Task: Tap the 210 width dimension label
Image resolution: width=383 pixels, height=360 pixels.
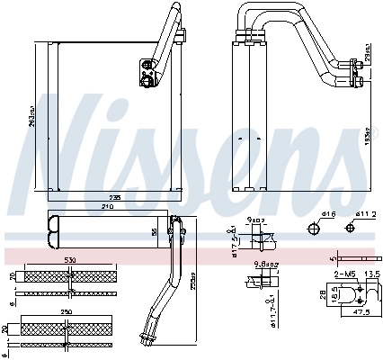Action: pos(108,206)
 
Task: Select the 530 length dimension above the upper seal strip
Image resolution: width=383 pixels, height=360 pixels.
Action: pos(69,261)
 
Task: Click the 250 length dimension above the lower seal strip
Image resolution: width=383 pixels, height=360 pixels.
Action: pos(67,312)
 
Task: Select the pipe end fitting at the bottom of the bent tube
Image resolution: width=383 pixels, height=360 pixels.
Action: pos(145,340)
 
